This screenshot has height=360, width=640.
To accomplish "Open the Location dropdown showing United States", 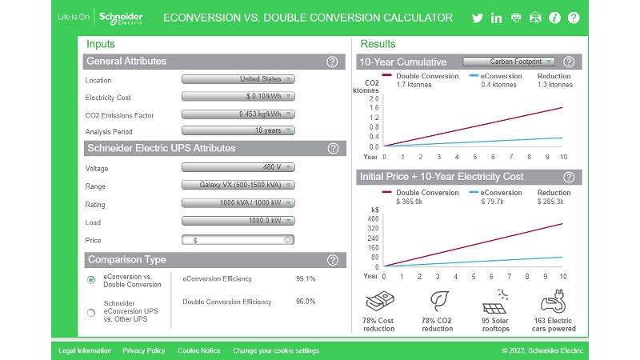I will click(x=238, y=79).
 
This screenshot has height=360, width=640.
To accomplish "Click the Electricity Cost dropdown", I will click(x=238, y=97).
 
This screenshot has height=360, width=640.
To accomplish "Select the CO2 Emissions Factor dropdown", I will click(x=238, y=114).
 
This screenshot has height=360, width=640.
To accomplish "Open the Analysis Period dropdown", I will click(x=238, y=130).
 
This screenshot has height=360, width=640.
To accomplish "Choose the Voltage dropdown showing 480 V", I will click(x=238, y=168).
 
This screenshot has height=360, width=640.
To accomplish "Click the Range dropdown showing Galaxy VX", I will click(x=238, y=185).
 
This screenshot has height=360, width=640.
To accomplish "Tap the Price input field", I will click(x=238, y=240).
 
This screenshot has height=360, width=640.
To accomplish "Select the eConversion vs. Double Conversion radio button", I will click(x=91, y=279).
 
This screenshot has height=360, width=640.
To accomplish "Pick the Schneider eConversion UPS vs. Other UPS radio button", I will click(x=91, y=312).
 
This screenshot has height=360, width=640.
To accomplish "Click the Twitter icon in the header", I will click(x=478, y=18).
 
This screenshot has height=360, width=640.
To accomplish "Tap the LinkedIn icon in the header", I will click(x=497, y=18).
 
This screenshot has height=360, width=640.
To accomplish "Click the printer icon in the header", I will click(x=516, y=18).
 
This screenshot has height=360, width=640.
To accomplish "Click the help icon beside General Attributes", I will click(x=332, y=62).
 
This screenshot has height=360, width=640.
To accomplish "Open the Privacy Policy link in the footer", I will click(x=144, y=350).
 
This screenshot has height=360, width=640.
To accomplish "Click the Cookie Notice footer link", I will click(x=198, y=350).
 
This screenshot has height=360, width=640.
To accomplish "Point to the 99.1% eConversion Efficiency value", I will click(x=306, y=279).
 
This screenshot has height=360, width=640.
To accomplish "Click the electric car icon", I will click(x=554, y=305).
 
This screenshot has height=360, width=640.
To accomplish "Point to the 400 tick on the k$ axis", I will click(x=373, y=218).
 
